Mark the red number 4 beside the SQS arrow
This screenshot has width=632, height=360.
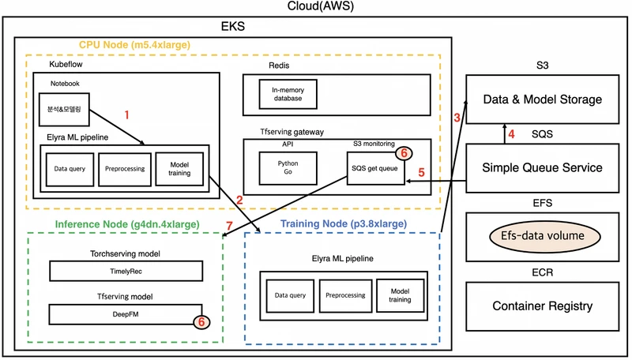512,133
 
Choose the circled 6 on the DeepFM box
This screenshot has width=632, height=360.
201,322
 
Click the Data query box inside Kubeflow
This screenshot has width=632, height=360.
70,168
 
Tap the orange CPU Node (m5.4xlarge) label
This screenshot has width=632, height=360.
134,45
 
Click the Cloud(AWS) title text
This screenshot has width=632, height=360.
315,7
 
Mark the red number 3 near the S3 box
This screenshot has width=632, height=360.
457,118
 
